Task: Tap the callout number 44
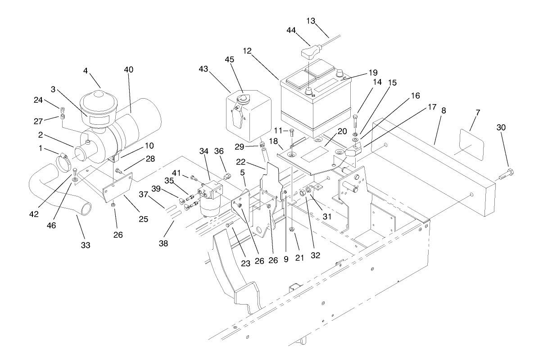292,30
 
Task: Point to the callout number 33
86,245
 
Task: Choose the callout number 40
129,69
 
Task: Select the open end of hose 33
85,209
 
